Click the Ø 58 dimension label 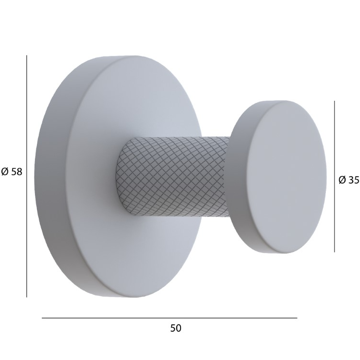(12, 172)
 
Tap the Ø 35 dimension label (349, 180)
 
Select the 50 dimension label (176, 328)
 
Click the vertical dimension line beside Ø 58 (26, 176)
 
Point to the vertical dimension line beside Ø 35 (334, 176)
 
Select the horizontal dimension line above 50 (169, 318)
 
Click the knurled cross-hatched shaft (172, 176)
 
